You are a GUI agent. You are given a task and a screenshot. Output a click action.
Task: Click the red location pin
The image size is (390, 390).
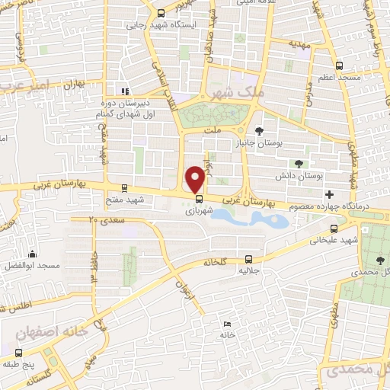[x=196, y=177]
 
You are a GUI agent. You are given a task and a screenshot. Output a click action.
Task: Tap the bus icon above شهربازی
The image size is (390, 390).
[x=199, y=202]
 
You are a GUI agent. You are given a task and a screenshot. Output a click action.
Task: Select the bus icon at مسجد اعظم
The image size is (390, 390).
[x=338, y=66]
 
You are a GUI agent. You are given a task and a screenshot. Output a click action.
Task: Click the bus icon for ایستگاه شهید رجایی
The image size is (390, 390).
[x=160, y=13]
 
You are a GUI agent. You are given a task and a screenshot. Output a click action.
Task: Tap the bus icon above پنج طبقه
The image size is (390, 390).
[x=20, y=353]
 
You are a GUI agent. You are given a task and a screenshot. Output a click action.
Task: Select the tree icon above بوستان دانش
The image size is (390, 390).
[x=299, y=164]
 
